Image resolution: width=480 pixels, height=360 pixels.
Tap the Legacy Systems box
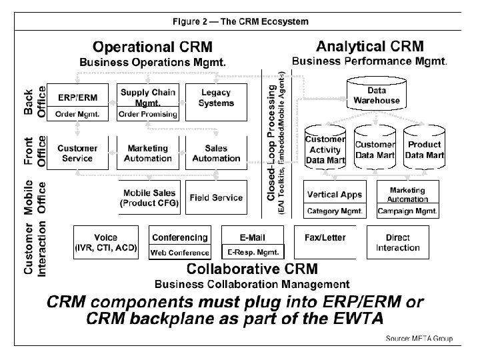(216, 99)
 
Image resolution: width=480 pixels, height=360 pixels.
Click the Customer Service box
(77, 153)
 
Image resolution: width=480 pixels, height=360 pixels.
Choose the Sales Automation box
(216, 153)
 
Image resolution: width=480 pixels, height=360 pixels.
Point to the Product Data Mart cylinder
(425, 150)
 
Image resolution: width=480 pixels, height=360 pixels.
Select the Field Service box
(216, 198)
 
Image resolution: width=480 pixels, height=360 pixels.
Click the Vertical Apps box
(335, 195)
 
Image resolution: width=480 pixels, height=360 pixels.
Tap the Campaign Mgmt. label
(407, 211)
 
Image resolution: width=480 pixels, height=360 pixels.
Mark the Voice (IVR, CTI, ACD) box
(106, 243)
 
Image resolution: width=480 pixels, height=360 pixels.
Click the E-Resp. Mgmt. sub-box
(253, 252)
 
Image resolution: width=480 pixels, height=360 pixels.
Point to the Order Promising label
(147, 114)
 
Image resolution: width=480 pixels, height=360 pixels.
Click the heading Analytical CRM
(369, 47)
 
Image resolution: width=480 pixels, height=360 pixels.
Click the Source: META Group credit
(419, 339)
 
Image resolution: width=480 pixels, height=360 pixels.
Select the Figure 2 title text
(240, 21)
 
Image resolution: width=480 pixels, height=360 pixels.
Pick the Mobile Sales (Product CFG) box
(149, 198)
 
